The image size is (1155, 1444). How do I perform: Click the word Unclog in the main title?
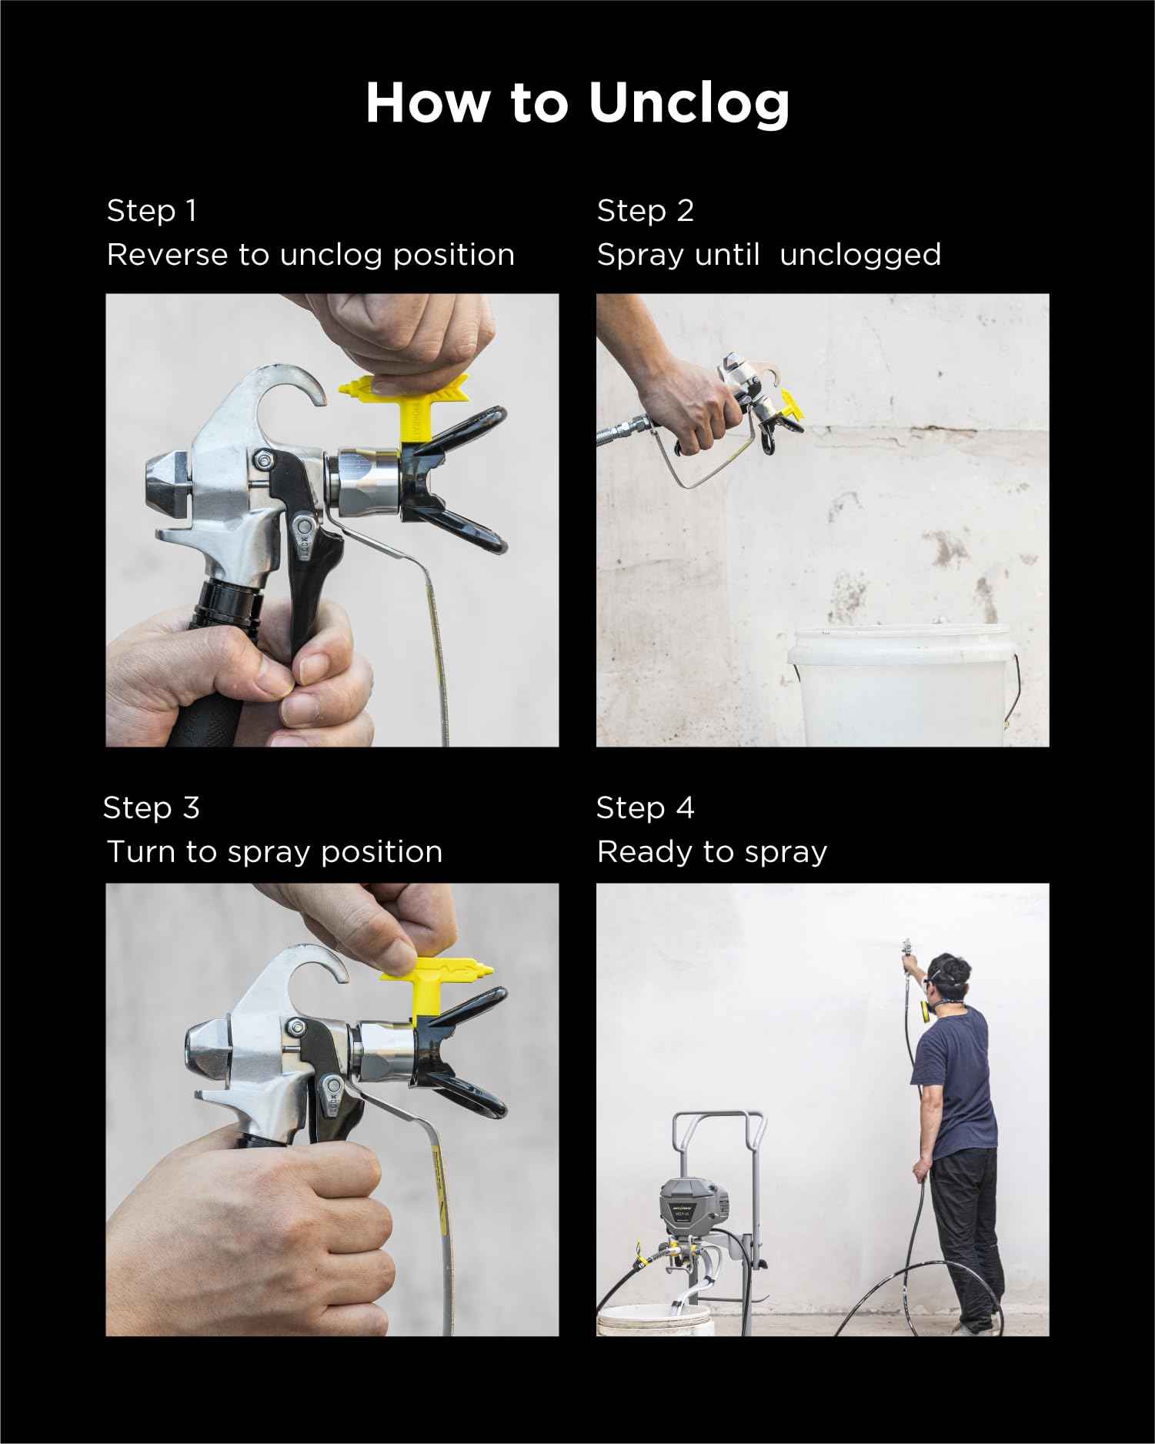[689, 103]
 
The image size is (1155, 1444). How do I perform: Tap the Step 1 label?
[152, 211]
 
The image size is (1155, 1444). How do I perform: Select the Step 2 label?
[645, 211]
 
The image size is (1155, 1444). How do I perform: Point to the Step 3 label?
[152, 807]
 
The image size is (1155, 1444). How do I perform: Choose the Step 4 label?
[645, 807]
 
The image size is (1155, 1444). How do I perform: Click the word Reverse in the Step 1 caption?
[167, 255]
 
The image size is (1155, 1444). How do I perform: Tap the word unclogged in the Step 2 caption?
[860, 256]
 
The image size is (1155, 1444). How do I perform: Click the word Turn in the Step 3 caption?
[140, 852]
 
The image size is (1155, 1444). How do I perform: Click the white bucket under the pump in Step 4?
[655, 1319]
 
